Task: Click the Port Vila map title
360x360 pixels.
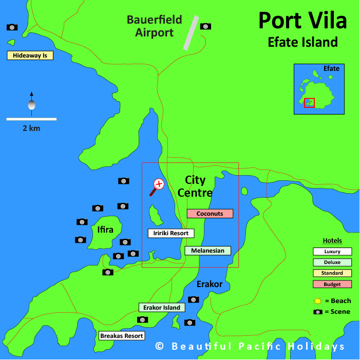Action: click(302, 21)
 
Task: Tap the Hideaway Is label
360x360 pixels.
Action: click(30, 55)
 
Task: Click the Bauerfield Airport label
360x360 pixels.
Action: click(155, 26)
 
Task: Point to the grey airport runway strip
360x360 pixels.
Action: click(191, 32)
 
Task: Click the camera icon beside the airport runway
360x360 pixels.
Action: click(205, 26)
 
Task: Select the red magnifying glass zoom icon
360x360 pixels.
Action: click(157, 186)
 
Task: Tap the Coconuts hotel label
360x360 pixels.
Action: click(210, 214)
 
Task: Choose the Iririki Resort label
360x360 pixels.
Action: click(171, 233)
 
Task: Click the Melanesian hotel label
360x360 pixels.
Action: click(207, 251)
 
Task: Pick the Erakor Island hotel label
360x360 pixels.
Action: click(162, 308)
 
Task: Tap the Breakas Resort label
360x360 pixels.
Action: click(121, 336)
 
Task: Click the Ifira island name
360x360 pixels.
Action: click(105, 230)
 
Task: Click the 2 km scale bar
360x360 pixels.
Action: click(31, 119)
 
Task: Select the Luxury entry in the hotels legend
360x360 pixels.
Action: click(332, 252)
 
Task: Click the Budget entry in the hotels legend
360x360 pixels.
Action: click(332, 284)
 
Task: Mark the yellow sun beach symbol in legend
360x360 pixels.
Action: click(318, 301)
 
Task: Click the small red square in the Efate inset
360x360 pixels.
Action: click(309, 102)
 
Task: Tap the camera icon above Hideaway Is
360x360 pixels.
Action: click(12, 27)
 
